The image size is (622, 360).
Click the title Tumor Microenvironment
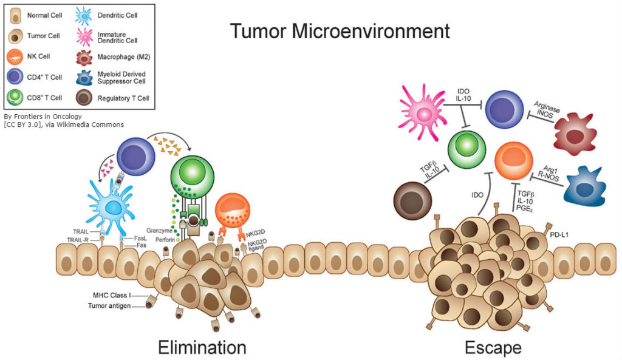pos(340,31)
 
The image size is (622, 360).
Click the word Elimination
pos(202,347)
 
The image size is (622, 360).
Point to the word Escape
pos(493,347)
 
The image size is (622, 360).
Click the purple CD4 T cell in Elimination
pos(136,155)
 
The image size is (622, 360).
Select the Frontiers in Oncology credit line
pos(43,116)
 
